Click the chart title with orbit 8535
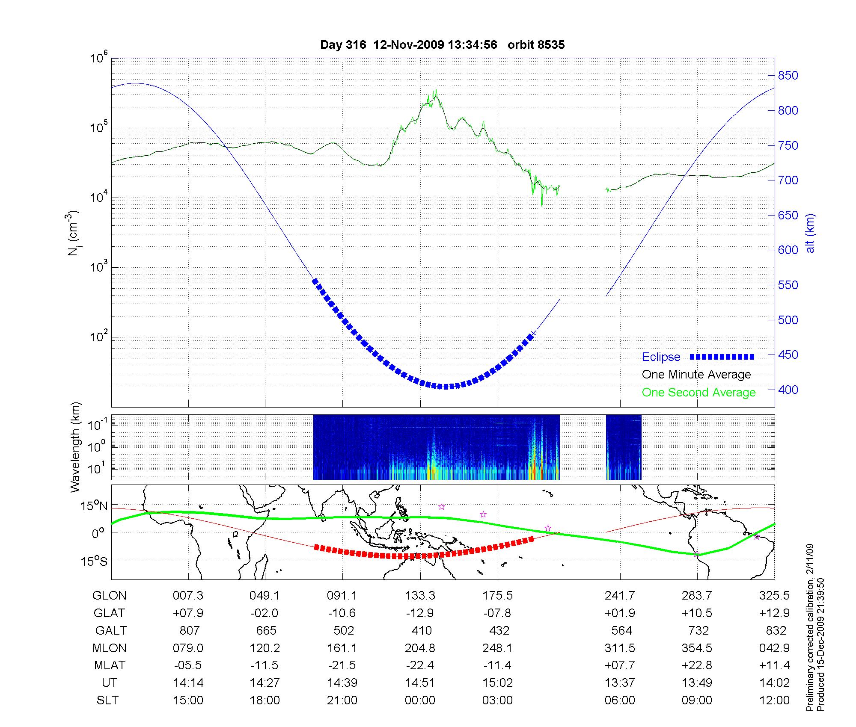442,45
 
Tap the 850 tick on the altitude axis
788,76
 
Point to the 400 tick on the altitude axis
788,390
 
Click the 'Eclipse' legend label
661,357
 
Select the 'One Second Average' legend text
698,393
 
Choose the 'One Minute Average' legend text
696,375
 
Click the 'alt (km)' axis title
810,233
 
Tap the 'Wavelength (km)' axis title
75,447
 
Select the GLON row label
110,596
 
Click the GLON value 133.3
420,596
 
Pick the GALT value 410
422,631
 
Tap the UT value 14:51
420,683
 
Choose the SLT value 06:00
620,700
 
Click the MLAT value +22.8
697,665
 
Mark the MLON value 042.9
774,648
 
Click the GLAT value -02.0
265,613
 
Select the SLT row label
108,700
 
